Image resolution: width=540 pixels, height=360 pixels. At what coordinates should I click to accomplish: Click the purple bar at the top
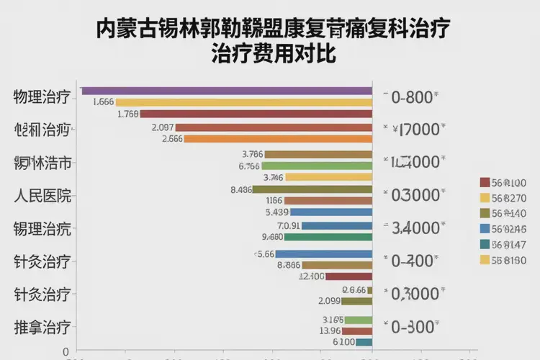pos(227,91)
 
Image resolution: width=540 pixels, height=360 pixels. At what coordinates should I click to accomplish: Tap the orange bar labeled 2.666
pos(278,139)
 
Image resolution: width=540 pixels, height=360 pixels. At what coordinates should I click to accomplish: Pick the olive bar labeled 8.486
pos(312,189)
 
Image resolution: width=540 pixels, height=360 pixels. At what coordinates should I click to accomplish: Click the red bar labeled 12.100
pos(348,276)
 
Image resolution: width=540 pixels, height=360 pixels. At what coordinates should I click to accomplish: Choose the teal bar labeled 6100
pos(364,342)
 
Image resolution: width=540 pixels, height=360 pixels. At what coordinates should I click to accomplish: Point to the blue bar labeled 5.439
pos(331,212)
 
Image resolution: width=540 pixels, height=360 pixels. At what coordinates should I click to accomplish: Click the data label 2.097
pos(163,127)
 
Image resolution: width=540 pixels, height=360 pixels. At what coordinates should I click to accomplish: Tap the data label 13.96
pos(330,330)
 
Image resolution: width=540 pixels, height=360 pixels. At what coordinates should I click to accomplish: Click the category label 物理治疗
pos(42,97)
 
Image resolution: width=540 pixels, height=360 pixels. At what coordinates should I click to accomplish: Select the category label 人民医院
pos(42,195)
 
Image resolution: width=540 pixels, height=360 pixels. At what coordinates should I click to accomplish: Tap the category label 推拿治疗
pos(42,327)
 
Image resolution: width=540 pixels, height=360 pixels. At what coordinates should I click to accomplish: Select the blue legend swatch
pos(485,229)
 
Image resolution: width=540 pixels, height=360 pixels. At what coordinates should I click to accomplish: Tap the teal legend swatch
pos(485,244)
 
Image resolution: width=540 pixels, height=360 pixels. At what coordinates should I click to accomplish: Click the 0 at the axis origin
pos(66,351)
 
